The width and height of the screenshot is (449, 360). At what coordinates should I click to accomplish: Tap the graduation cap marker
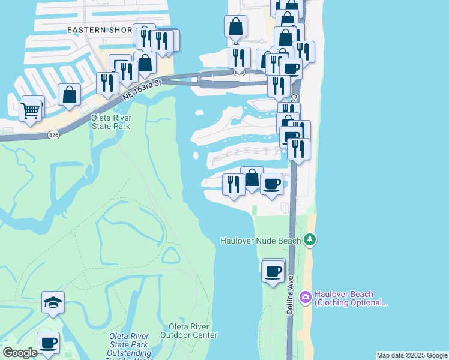click(53, 302)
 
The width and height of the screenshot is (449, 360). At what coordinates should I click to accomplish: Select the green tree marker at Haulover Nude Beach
click(310, 240)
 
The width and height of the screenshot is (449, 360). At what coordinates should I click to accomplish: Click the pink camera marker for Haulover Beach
click(306, 297)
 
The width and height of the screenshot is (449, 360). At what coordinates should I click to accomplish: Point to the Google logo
click(20, 353)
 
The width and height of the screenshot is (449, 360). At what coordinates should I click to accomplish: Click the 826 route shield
click(53, 136)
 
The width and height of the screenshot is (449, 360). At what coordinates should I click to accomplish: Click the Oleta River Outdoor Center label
click(189, 331)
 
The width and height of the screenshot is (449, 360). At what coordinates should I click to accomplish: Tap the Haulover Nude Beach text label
click(261, 241)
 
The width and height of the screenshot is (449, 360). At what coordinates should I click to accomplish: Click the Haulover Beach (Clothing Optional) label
click(351, 298)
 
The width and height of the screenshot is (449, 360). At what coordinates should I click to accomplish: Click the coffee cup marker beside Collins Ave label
click(273, 271)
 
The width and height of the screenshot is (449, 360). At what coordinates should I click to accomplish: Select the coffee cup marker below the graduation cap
click(48, 343)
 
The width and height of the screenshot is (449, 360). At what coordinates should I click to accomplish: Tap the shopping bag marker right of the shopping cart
click(70, 95)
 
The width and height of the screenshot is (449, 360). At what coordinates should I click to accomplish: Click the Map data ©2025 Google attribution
click(412, 355)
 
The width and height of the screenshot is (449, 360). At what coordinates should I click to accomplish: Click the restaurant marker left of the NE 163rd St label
click(107, 83)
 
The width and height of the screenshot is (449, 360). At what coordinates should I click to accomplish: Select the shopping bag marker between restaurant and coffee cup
click(252, 178)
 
